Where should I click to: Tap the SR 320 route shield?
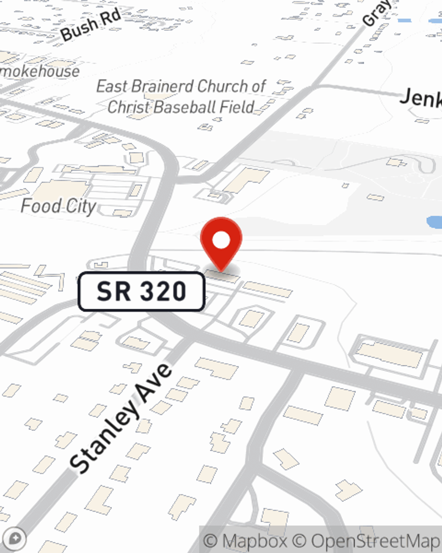[141, 292]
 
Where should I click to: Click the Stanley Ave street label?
[121, 418]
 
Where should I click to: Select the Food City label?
[58, 206]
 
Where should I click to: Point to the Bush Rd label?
[91, 25]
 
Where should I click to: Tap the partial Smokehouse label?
[40, 71]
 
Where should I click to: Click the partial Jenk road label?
[420, 97]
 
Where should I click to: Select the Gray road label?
[377, 12]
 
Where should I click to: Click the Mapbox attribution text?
[246, 541]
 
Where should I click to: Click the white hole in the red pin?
[221, 240]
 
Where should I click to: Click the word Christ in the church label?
[128, 107]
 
